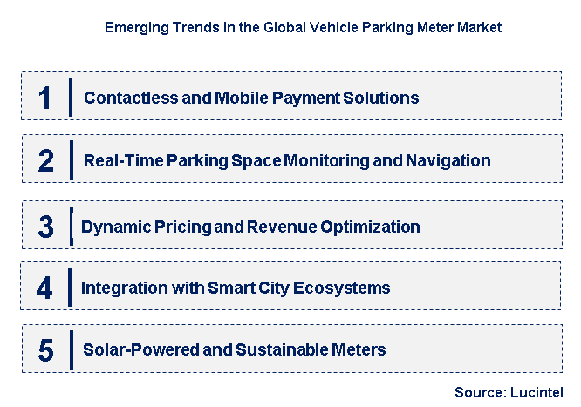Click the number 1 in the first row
45,97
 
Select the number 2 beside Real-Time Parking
45,160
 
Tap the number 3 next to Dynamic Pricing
46,227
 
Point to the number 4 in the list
45,288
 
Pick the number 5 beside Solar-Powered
45,350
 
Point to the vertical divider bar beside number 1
71,97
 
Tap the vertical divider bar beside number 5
70,350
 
